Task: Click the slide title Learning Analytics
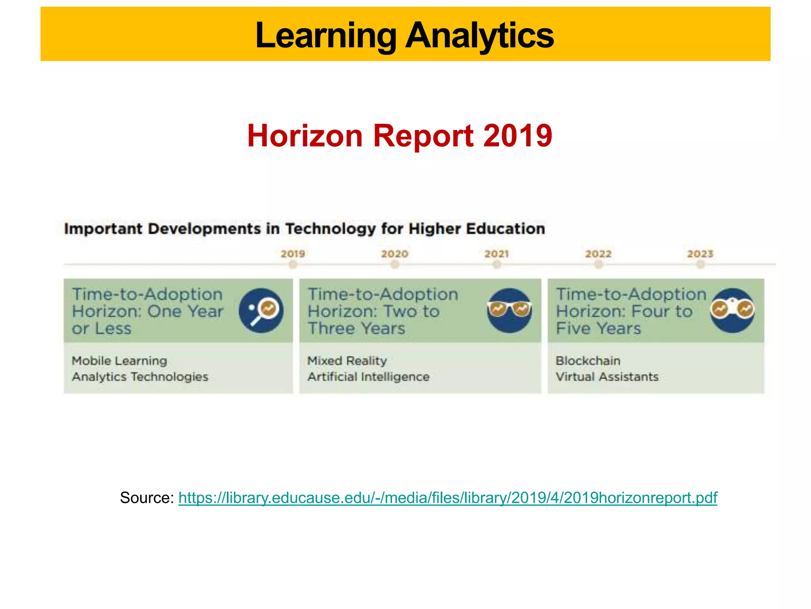(x=404, y=35)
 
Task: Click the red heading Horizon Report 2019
(x=399, y=136)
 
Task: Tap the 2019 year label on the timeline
(x=293, y=254)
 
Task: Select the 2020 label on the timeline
(x=394, y=254)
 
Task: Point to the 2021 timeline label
(x=497, y=254)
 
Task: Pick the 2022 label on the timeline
(x=598, y=254)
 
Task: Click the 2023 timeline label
(x=700, y=254)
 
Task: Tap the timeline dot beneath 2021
(x=497, y=264)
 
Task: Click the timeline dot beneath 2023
(x=700, y=264)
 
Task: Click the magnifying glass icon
(x=261, y=310)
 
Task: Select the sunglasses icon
(x=509, y=310)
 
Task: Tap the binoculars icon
(x=732, y=310)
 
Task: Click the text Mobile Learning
(x=119, y=361)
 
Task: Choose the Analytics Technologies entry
(x=140, y=377)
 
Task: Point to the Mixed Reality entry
(x=347, y=361)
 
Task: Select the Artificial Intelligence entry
(x=368, y=377)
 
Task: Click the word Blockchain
(x=588, y=361)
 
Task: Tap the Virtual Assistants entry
(x=607, y=377)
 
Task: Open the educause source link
(x=447, y=498)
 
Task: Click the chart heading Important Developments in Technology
(x=304, y=229)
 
